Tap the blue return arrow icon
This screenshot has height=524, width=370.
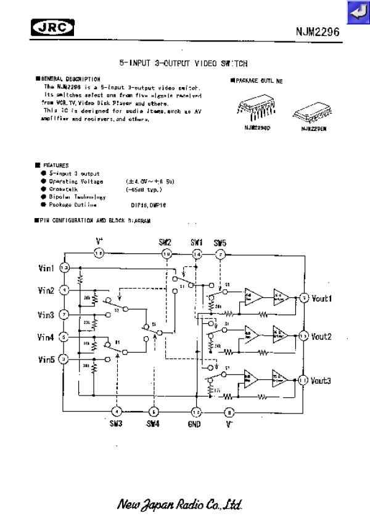pos(357,11)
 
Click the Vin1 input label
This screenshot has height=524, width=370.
pos(47,268)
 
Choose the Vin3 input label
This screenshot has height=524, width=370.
pos(46,315)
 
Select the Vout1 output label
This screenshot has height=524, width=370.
pos(321,298)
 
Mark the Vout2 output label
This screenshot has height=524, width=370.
pos(321,337)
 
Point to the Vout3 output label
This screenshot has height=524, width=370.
pos(321,380)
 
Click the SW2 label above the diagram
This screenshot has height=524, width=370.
pos(165,242)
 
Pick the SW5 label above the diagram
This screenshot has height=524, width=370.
pos(220,242)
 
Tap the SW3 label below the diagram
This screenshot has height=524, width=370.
pos(117,424)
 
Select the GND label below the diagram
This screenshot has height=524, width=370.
pos(195,424)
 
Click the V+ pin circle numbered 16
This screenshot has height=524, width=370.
pos(99,252)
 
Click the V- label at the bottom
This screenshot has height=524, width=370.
pos(229,424)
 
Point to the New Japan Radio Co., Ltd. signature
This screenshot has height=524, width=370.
pos(183,504)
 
